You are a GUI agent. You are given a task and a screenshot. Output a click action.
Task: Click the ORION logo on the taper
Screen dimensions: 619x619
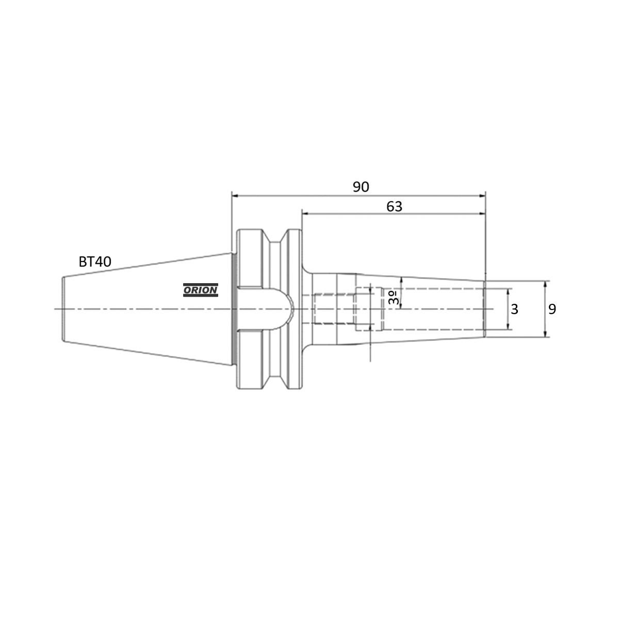point(201,290)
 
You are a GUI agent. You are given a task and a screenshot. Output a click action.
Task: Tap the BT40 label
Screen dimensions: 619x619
point(95,262)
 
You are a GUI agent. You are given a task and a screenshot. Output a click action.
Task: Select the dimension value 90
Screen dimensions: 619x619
point(361,187)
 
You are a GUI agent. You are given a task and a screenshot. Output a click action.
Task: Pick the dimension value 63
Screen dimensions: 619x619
point(394,206)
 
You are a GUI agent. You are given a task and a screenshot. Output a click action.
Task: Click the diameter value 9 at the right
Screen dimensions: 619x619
point(552,309)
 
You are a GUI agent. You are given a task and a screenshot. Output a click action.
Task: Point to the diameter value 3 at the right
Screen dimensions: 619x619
point(514,309)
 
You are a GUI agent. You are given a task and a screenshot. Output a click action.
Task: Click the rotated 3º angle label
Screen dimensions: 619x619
point(393,299)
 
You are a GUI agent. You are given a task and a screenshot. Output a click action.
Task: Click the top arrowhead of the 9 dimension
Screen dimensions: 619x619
point(546,283)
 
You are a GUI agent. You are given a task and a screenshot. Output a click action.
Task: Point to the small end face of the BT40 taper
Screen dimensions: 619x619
point(62,308)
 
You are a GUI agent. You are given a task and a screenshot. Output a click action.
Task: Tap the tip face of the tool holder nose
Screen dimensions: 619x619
point(484,308)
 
